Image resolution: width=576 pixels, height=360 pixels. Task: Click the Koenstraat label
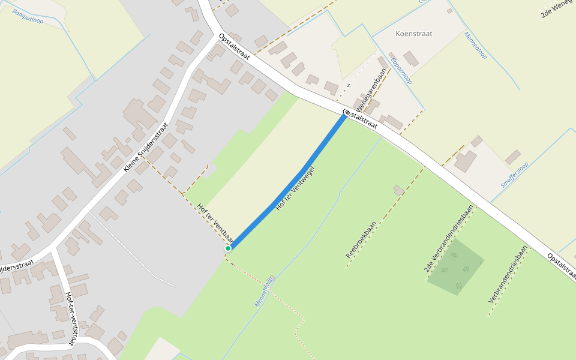(414, 34)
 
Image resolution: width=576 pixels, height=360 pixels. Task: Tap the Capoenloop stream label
(401, 71)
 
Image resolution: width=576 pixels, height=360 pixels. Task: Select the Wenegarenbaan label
(371, 91)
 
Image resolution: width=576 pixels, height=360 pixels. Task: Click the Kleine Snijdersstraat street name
(146, 147)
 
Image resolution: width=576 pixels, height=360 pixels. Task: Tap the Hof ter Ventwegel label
(295, 188)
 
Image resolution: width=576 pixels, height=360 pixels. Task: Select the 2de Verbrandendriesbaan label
(449, 238)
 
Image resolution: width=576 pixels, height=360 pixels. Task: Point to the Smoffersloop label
(515, 175)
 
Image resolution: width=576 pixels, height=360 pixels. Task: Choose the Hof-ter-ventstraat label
(70, 319)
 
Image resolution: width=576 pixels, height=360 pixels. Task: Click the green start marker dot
(228, 248)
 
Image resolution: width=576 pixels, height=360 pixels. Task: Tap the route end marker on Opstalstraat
(346, 112)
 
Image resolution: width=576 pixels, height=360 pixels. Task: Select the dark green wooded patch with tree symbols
(455, 266)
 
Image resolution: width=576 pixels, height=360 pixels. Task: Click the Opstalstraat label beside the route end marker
(364, 119)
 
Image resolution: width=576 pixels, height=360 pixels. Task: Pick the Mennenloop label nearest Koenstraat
(475, 45)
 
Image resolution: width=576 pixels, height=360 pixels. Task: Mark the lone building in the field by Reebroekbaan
(399, 190)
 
